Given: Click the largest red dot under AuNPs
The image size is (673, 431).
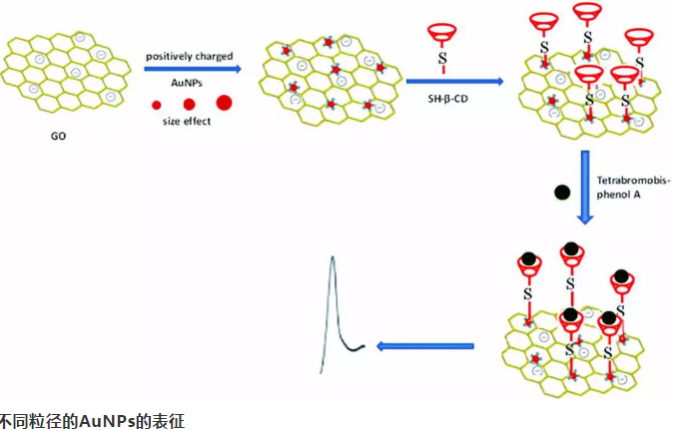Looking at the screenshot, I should [223, 102].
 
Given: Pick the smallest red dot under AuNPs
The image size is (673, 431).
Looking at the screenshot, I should [157, 104].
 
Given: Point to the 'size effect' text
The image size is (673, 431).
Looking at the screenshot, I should [186, 122].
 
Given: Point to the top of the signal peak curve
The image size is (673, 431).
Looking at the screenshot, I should [333, 256].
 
